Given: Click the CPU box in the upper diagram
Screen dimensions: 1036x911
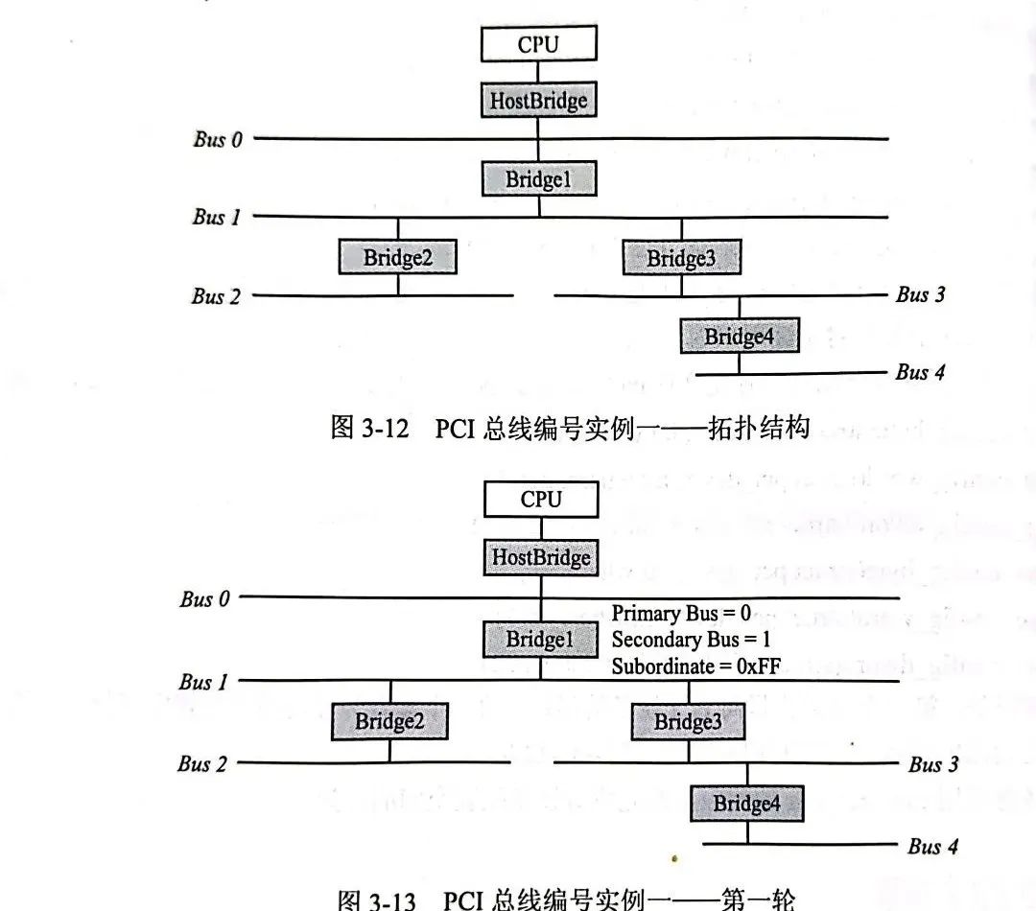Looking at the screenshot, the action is pos(538,44).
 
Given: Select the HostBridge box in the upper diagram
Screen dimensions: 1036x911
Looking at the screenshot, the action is pos(538,100).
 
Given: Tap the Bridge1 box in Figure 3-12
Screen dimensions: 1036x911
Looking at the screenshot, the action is pos(538,178).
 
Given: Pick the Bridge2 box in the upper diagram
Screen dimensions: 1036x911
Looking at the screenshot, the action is pos(397,257).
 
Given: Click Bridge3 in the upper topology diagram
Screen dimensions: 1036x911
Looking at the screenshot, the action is pos(681,257).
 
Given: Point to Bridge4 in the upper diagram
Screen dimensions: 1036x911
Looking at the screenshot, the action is pos(739,336).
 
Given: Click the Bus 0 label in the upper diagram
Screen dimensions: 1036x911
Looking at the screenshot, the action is pos(217,139).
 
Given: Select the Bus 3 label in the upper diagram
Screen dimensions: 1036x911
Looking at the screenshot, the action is pos(920,294).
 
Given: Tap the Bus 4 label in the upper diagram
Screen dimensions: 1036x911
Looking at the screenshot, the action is pos(920,372).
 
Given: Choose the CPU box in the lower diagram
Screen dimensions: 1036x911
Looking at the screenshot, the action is pos(541,500).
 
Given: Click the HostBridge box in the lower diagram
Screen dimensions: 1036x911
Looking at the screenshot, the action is pos(541,557).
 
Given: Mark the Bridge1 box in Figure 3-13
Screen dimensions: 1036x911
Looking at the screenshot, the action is pos(540,640).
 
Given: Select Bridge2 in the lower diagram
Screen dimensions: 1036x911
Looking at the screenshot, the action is pos(389,721).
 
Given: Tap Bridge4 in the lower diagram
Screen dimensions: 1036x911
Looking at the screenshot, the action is pos(746,804).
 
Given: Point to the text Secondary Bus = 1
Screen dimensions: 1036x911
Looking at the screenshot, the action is pos(690,640).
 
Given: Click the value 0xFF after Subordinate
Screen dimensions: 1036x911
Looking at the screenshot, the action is pos(758,666).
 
